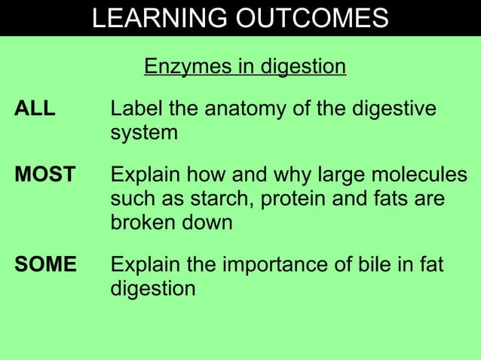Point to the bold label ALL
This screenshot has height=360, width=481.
(x=35, y=109)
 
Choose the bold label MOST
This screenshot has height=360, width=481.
(x=45, y=175)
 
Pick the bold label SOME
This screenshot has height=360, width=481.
(x=46, y=265)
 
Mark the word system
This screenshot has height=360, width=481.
(x=144, y=134)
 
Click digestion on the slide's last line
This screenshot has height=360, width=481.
(x=153, y=289)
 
